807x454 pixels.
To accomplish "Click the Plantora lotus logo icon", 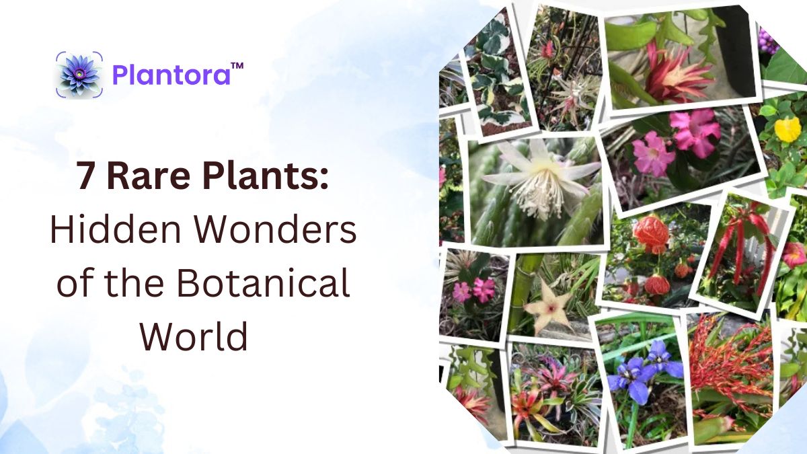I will point(79,74).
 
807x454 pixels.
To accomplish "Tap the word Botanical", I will point(264,283).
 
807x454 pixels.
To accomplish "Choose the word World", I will point(194,335).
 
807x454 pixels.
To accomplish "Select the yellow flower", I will point(787,129).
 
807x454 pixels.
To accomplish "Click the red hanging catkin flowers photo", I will point(740,249).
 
